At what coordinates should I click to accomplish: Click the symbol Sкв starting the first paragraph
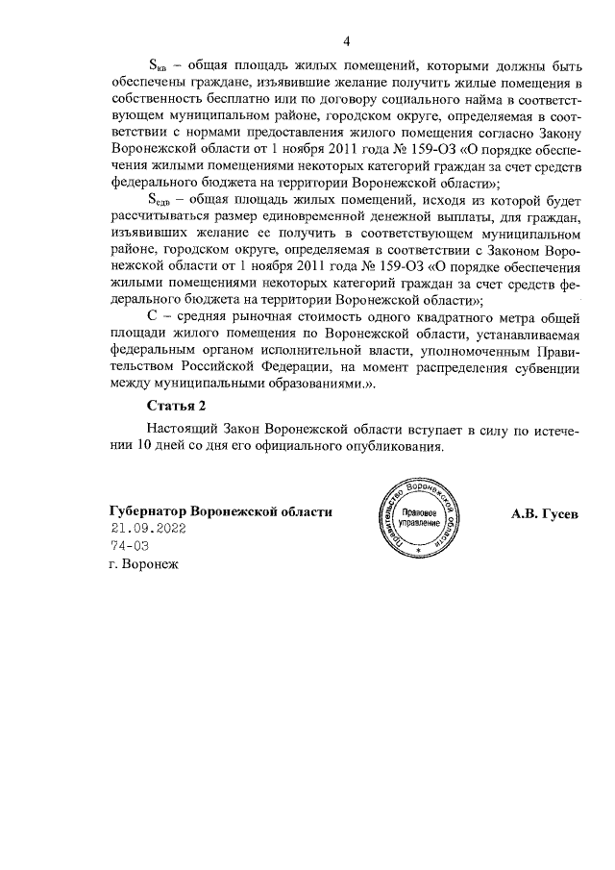(x=156, y=66)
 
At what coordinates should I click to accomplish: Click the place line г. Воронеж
(x=145, y=563)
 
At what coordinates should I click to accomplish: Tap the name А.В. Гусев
(x=546, y=511)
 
